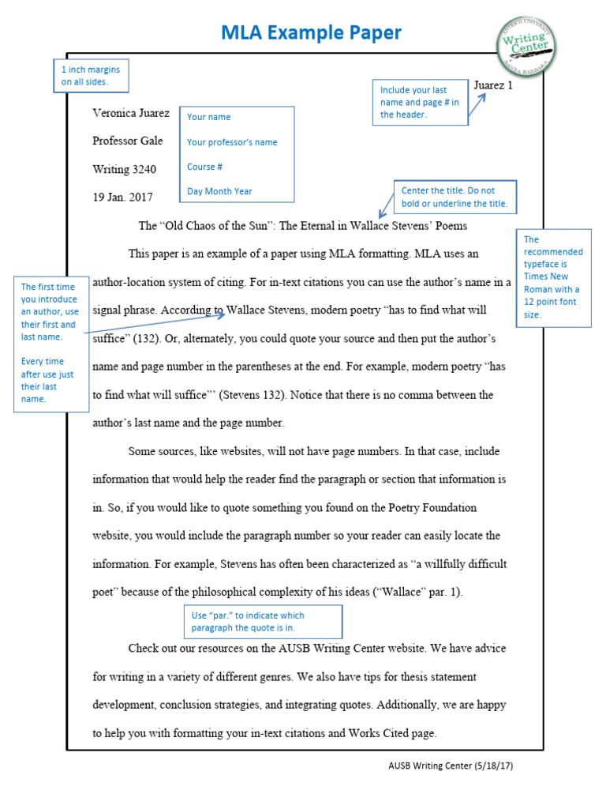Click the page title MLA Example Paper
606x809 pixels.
311,32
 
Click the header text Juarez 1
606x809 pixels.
493,85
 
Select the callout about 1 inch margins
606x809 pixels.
91,76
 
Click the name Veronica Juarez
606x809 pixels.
131,113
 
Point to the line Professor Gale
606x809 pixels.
128,141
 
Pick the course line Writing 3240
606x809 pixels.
125,169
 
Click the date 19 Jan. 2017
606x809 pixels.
122,198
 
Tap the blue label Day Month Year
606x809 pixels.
219,191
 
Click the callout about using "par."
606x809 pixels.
264,622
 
